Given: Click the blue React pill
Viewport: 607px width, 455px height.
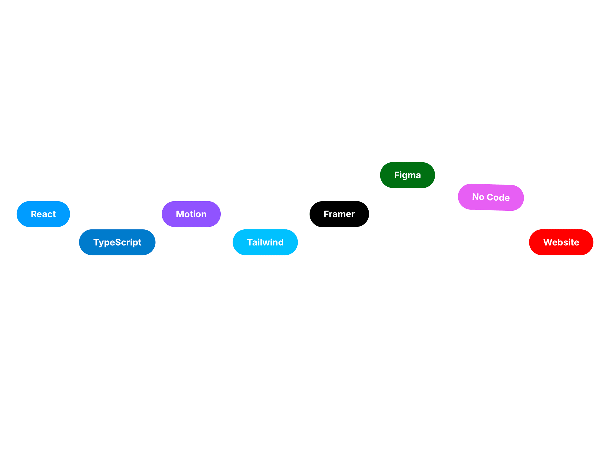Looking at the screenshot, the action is tap(43, 214).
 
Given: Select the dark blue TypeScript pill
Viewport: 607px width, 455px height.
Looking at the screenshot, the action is tap(117, 242).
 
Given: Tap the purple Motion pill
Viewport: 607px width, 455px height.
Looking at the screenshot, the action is tap(191, 214).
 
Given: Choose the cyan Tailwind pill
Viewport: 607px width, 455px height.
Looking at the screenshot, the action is tap(265, 242).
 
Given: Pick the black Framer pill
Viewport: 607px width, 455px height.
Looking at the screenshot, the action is tap(339, 214).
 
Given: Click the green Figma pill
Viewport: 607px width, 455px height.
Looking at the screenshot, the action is tap(407, 175).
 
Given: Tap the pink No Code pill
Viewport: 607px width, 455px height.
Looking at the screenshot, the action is tap(491, 197).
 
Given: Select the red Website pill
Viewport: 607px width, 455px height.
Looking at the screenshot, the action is tap(561, 242).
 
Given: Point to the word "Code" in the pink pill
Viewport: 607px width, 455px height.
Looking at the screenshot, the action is tap(498, 198).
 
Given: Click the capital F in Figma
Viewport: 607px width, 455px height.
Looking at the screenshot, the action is tap(397, 175).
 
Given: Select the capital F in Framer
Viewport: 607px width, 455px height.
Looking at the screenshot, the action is tap(326, 214).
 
